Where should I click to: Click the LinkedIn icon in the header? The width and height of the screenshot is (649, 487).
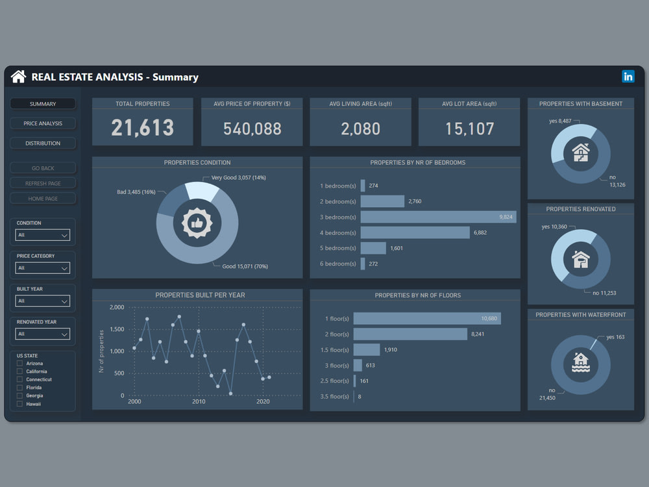628,77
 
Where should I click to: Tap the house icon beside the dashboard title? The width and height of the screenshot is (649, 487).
18,77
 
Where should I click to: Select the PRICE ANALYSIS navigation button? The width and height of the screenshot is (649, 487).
43,123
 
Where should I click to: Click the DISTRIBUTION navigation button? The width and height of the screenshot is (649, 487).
43,143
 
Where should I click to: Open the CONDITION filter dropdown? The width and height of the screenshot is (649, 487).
43,235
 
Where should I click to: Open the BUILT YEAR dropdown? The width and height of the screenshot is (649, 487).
43,301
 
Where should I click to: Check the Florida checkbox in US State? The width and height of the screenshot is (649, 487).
20,388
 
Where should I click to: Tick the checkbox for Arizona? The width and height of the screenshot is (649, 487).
20,364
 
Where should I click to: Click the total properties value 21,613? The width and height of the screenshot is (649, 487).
142,128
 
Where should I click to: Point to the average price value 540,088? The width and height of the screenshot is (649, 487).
251,129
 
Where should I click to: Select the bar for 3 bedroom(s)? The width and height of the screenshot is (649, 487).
438,217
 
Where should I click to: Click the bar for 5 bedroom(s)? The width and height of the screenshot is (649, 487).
373,248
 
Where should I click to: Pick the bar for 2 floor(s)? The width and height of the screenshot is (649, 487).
410,334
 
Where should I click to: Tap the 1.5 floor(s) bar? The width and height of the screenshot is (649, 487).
367,350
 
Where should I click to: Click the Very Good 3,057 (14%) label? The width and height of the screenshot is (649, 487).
238,177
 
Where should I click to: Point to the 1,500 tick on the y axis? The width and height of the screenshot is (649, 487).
117,329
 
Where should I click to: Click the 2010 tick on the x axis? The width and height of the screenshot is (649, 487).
199,402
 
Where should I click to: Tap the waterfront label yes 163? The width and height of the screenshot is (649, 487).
615,337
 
